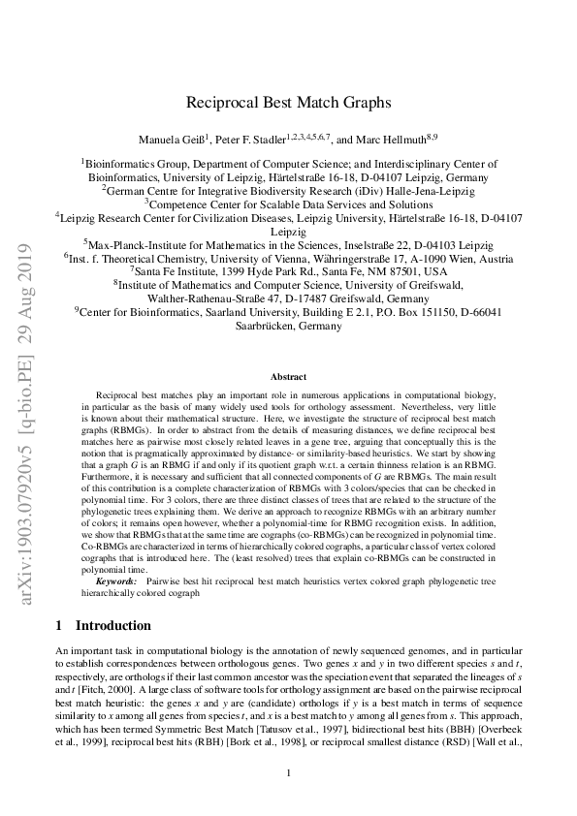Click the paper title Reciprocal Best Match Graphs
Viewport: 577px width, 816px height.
click(x=288, y=100)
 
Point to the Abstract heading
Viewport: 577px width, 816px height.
click(x=288, y=376)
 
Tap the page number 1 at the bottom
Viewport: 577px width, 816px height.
click(x=288, y=772)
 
